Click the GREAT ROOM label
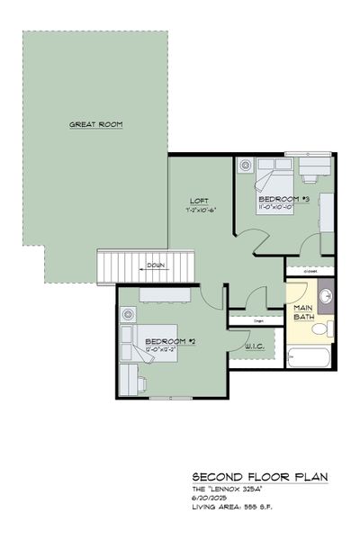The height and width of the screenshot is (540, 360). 95,124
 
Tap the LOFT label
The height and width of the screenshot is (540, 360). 200,200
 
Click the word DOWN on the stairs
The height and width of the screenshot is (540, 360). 156,265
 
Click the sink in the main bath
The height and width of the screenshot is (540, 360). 325,295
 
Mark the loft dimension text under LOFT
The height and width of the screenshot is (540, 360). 198,210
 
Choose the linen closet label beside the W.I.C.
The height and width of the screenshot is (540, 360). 256,320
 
